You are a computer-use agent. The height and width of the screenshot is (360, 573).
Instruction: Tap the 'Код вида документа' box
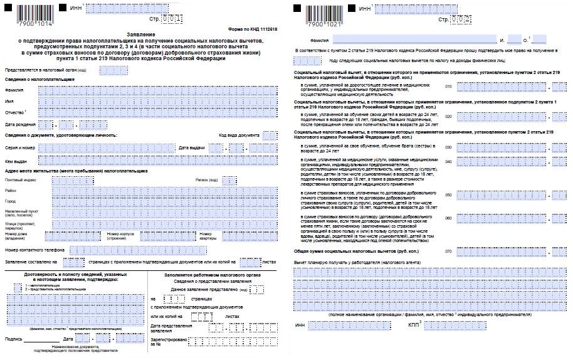(x=270, y=135)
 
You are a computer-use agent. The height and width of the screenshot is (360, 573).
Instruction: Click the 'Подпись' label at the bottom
(x=13, y=339)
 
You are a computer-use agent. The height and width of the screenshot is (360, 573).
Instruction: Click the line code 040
(x=448, y=161)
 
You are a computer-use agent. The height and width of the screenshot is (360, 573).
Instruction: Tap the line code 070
(x=448, y=251)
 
